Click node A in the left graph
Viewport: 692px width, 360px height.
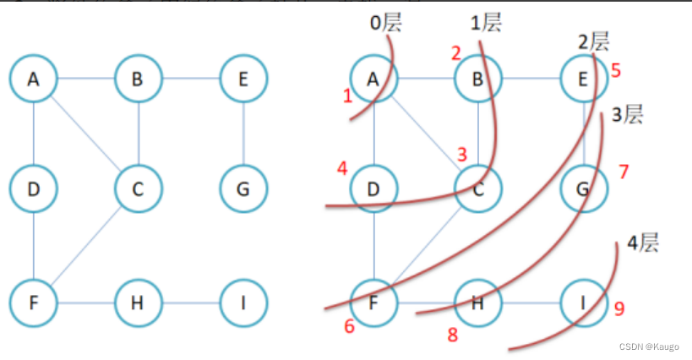(x=34, y=79)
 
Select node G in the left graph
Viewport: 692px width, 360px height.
(x=243, y=188)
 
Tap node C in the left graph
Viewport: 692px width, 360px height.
(x=139, y=188)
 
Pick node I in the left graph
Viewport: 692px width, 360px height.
(x=243, y=302)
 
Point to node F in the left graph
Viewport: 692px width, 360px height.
(x=34, y=302)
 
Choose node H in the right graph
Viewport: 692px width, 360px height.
(x=478, y=302)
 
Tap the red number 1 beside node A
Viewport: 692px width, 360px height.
(x=347, y=96)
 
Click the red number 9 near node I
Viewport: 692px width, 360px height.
(x=619, y=309)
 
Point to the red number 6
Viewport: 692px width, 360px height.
(x=349, y=327)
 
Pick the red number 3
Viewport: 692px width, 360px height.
(x=461, y=154)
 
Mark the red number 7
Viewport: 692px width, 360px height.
(x=624, y=172)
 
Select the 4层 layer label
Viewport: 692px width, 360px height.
(x=642, y=245)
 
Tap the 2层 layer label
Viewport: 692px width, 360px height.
(x=593, y=41)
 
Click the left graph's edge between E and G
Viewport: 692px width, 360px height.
(x=243, y=134)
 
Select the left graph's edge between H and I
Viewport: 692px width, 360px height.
(x=191, y=302)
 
